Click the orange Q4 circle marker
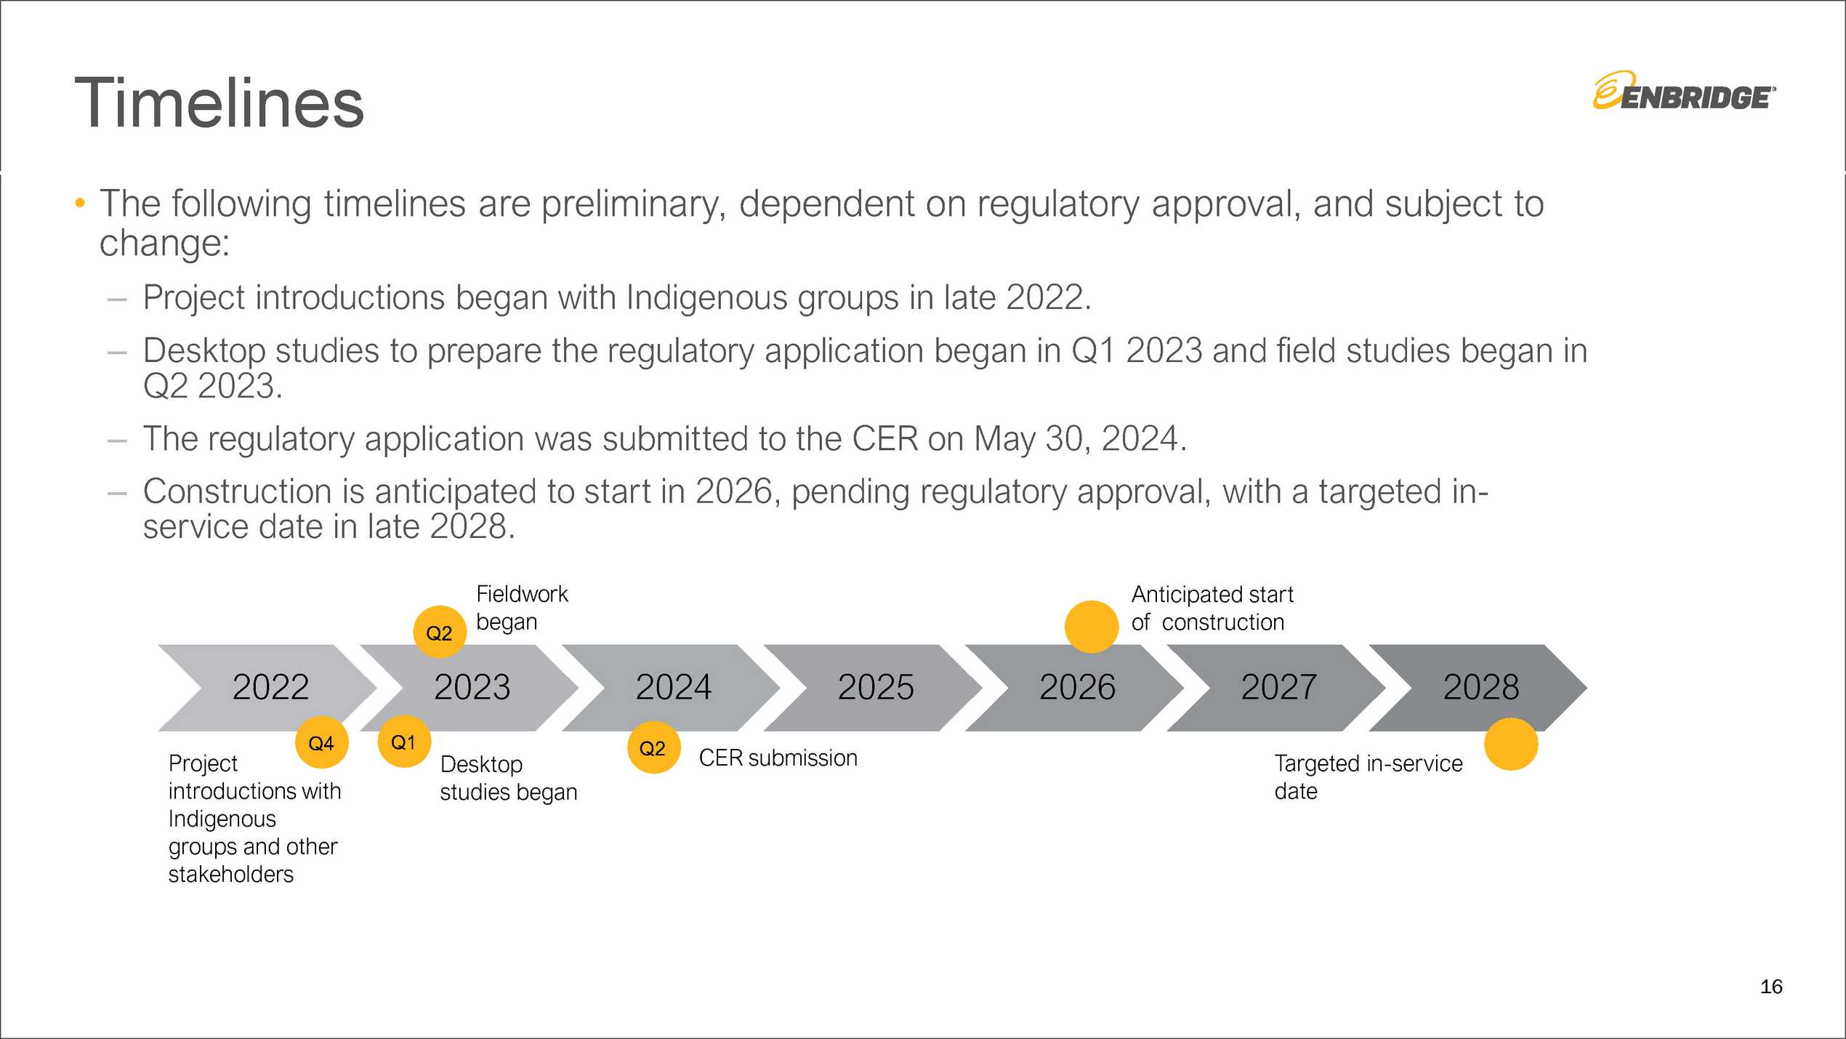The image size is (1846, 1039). pyautogui.click(x=321, y=742)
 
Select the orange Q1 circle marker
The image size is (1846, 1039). pyautogui.click(x=404, y=742)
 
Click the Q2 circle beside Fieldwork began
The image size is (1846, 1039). pyautogui.click(x=440, y=632)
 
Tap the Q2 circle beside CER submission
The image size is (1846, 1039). pyautogui.click(x=653, y=747)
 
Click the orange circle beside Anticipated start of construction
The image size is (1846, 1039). pyautogui.click(x=1092, y=627)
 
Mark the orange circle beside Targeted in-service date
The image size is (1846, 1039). pyautogui.click(x=1511, y=744)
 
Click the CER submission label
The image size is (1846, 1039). pyautogui.click(x=778, y=758)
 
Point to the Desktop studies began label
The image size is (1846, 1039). pyautogui.click(x=509, y=778)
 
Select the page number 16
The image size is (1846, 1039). pyautogui.click(x=1771, y=987)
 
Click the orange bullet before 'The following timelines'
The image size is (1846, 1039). pyautogui.click(x=80, y=203)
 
